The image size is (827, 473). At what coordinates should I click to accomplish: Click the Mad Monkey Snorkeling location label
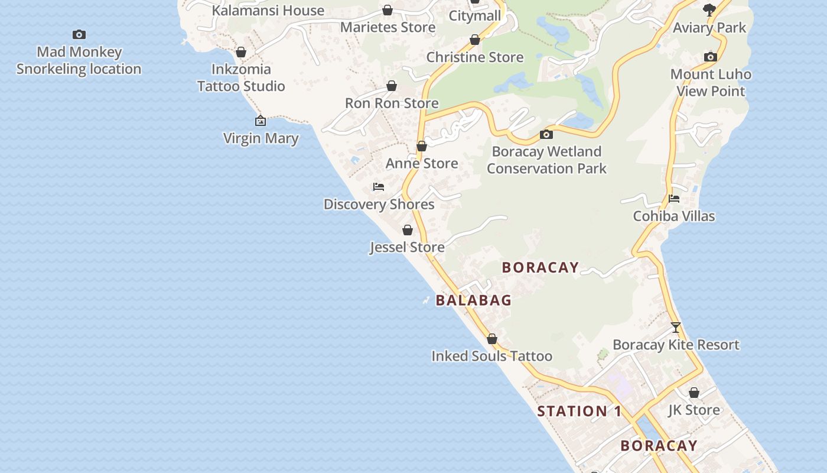(79, 60)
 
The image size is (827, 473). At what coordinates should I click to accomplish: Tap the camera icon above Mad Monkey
(79, 35)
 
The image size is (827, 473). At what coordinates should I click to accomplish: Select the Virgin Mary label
(261, 138)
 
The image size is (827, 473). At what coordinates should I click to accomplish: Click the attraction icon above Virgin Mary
(261, 121)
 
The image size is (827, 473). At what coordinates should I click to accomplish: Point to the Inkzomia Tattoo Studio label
(241, 77)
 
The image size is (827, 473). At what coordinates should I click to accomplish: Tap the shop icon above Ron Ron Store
(391, 86)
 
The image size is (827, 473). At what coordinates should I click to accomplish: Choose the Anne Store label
(422, 163)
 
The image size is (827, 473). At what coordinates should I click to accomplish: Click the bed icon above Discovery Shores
(379, 187)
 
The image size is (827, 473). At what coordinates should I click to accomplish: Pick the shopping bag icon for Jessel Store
(408, 230)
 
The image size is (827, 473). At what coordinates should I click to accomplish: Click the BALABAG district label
(473, 300)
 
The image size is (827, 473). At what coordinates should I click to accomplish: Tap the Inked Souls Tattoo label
(491, 356)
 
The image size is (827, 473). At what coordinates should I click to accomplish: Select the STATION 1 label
(579, 412)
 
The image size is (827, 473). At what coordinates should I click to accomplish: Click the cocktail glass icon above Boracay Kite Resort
(676, 328)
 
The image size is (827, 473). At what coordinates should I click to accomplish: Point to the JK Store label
(694, 410)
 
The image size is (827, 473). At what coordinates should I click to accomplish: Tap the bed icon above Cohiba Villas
(674, 199)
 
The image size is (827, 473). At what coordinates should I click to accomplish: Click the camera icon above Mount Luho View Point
(711, 57)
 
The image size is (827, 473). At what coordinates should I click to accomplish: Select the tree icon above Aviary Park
(709, 10)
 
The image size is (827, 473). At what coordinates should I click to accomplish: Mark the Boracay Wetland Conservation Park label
(546, 160)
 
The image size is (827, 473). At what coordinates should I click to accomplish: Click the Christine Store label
(475, 57)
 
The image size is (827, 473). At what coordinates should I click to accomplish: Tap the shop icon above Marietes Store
(388, 10)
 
